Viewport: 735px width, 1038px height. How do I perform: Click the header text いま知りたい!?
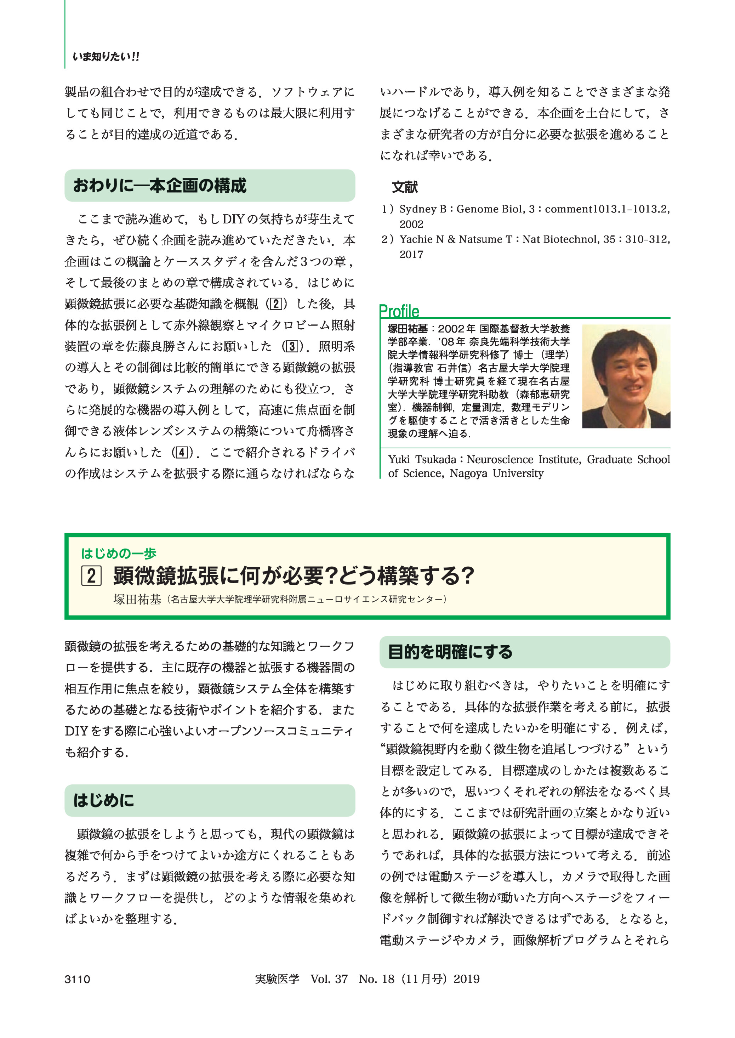(x=106, y=57)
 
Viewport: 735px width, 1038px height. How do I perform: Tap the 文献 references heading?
(x=405, y=187)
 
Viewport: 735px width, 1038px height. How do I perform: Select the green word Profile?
(x=399, y=311)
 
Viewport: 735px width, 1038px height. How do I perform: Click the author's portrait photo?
(x=626, y=376)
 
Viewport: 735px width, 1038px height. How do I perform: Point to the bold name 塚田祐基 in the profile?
(x=407, y=329)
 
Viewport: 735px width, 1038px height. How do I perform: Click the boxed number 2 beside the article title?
(x=91, y=576)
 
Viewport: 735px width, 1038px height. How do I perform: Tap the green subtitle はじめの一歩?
(x=119, y=553)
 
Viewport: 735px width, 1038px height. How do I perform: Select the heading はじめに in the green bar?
(x=104, y=800)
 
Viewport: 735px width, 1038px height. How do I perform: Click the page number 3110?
(x=78, y=979)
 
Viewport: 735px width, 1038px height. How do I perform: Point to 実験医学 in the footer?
(x=277, y=979)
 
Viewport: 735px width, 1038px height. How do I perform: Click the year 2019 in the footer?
(x=467, y=979)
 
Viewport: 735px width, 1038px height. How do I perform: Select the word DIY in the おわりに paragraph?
(x=234, y=219)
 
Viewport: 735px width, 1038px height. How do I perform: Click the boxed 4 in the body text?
(x=182, y=452)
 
